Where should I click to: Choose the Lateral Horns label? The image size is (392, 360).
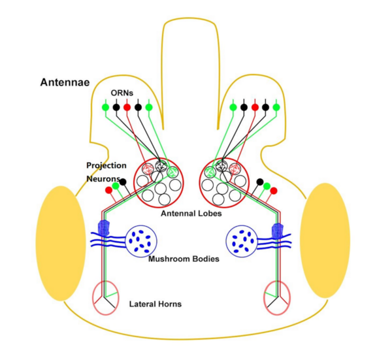(x=155, y=304)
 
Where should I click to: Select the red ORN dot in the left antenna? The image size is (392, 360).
(x=127, y=106)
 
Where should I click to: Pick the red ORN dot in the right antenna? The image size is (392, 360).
(x=254, y=106)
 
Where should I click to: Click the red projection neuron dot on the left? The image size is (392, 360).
(x=108, y=190)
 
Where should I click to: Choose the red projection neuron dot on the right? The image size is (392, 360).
(x=274, y=190)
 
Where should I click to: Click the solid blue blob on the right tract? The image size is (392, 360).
(x=277, y=229)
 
